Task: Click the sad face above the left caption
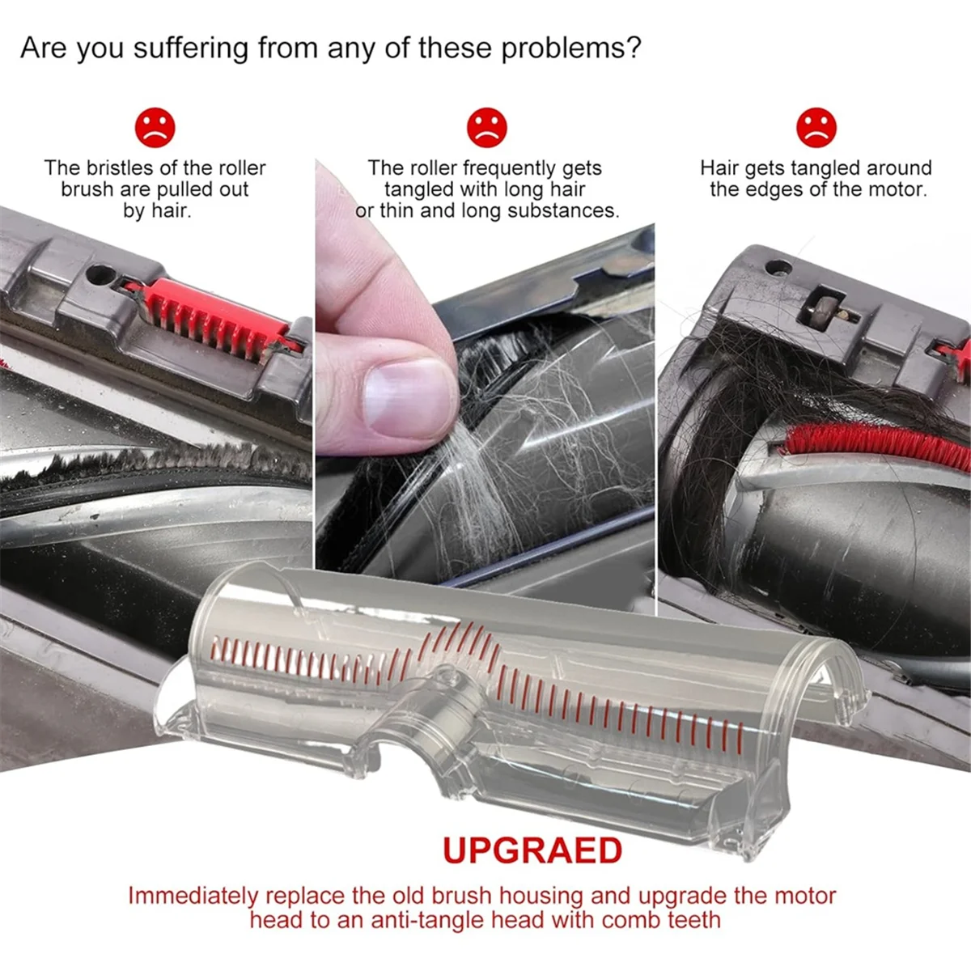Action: pos(155,127)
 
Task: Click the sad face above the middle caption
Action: pos(486,127)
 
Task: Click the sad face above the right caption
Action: pos(816,127)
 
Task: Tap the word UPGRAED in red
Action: pos(532,850)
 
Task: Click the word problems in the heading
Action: pos(570,49)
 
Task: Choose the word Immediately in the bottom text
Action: pos(193,896)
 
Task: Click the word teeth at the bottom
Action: pos(694,920)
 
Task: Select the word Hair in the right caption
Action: pos(719,168)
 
